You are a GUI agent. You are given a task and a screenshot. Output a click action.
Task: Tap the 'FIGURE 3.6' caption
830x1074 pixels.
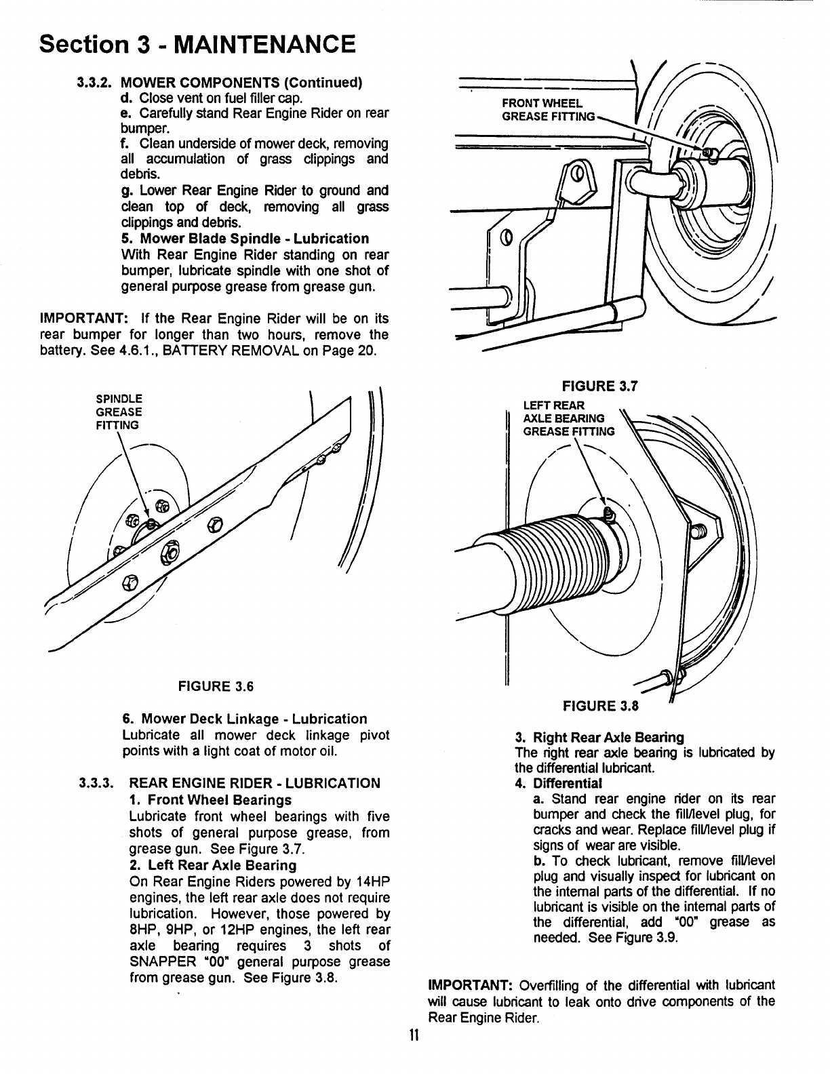tap(215, 685)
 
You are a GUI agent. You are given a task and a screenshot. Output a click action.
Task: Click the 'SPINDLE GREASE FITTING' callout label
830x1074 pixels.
tap(119, 412)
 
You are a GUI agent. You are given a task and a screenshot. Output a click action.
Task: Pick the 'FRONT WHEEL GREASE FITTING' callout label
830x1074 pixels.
tap(547, 110)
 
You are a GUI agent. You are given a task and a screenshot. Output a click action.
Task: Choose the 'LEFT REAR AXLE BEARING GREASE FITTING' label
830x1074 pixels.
tap(568, 418)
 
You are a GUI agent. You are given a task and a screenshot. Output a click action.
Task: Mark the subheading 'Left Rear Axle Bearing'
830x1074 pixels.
tap(213, 865)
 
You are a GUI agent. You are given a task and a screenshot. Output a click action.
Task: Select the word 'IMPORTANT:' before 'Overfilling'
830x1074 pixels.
tap(467, 984)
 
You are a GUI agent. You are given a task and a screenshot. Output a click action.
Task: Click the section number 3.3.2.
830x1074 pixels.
tap(96, 83)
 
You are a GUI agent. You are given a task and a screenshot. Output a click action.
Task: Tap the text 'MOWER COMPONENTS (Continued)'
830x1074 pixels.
tap(241, 83)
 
